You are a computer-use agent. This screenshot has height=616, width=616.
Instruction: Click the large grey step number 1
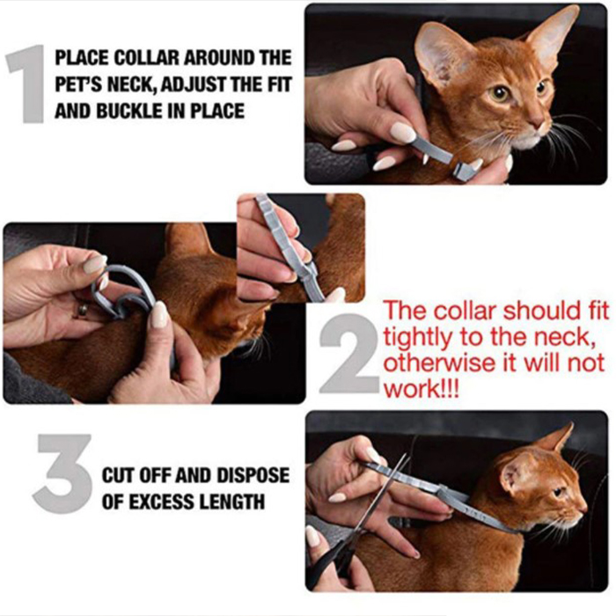[26, 84]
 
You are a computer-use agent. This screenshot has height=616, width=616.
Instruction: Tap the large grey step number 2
[348, 354]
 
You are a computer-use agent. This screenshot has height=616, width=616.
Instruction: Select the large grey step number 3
[62, 473]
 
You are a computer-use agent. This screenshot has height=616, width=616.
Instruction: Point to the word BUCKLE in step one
[130, 111]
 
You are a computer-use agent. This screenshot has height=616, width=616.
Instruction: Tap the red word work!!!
[421, 390]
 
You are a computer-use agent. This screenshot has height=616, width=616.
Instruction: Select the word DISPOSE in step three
[253, 475]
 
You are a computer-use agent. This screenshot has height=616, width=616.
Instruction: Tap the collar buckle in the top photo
[464, 171]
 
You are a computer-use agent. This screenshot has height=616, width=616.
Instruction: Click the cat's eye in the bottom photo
[558, 491]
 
